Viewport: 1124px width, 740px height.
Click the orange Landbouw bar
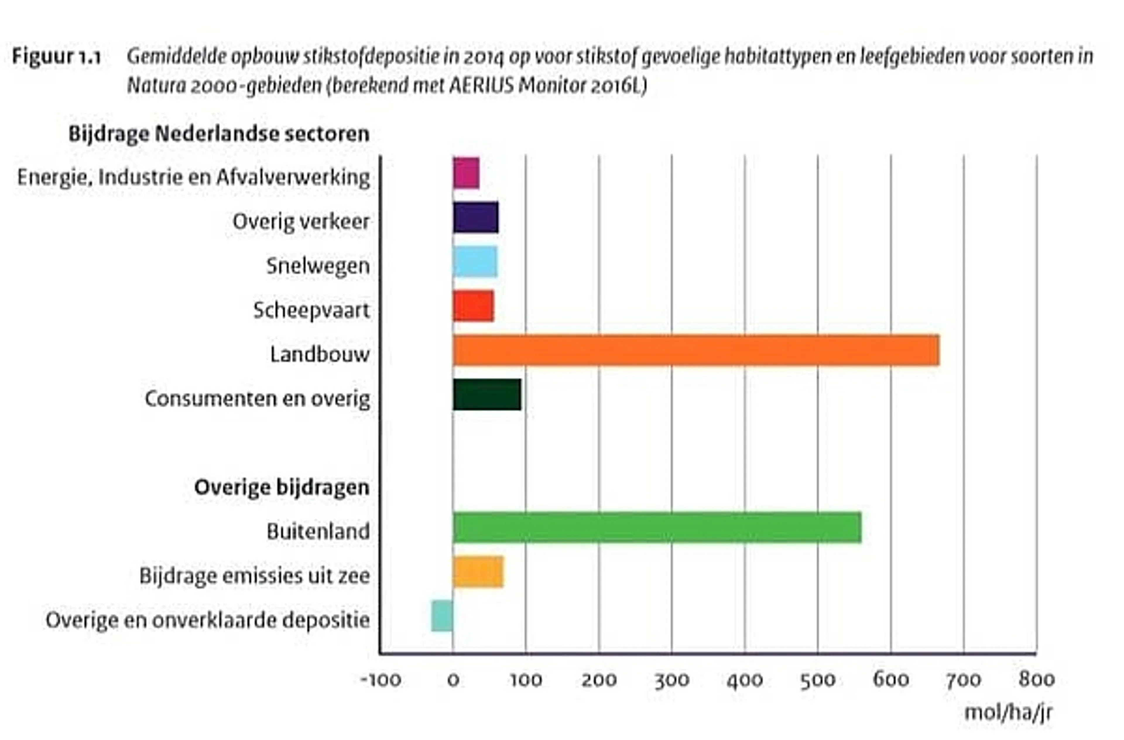click(696, 350)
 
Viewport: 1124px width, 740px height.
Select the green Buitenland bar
click(657, 527)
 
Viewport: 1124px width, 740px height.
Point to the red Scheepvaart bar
click(473, 306)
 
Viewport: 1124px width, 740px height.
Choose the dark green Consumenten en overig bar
click(487, 394)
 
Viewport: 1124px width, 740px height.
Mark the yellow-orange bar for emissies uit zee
click(478, 572)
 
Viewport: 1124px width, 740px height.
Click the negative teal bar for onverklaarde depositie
click(442, 616)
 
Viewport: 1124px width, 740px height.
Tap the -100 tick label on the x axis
click(381, 680)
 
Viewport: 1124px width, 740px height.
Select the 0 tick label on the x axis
click(453, 680)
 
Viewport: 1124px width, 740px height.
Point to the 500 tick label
click(818, 680)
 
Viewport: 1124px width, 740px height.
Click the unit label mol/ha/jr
click(1008, 712)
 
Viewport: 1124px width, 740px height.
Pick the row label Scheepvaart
click(311, 310)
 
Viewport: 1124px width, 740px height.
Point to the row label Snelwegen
click(318, 266)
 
